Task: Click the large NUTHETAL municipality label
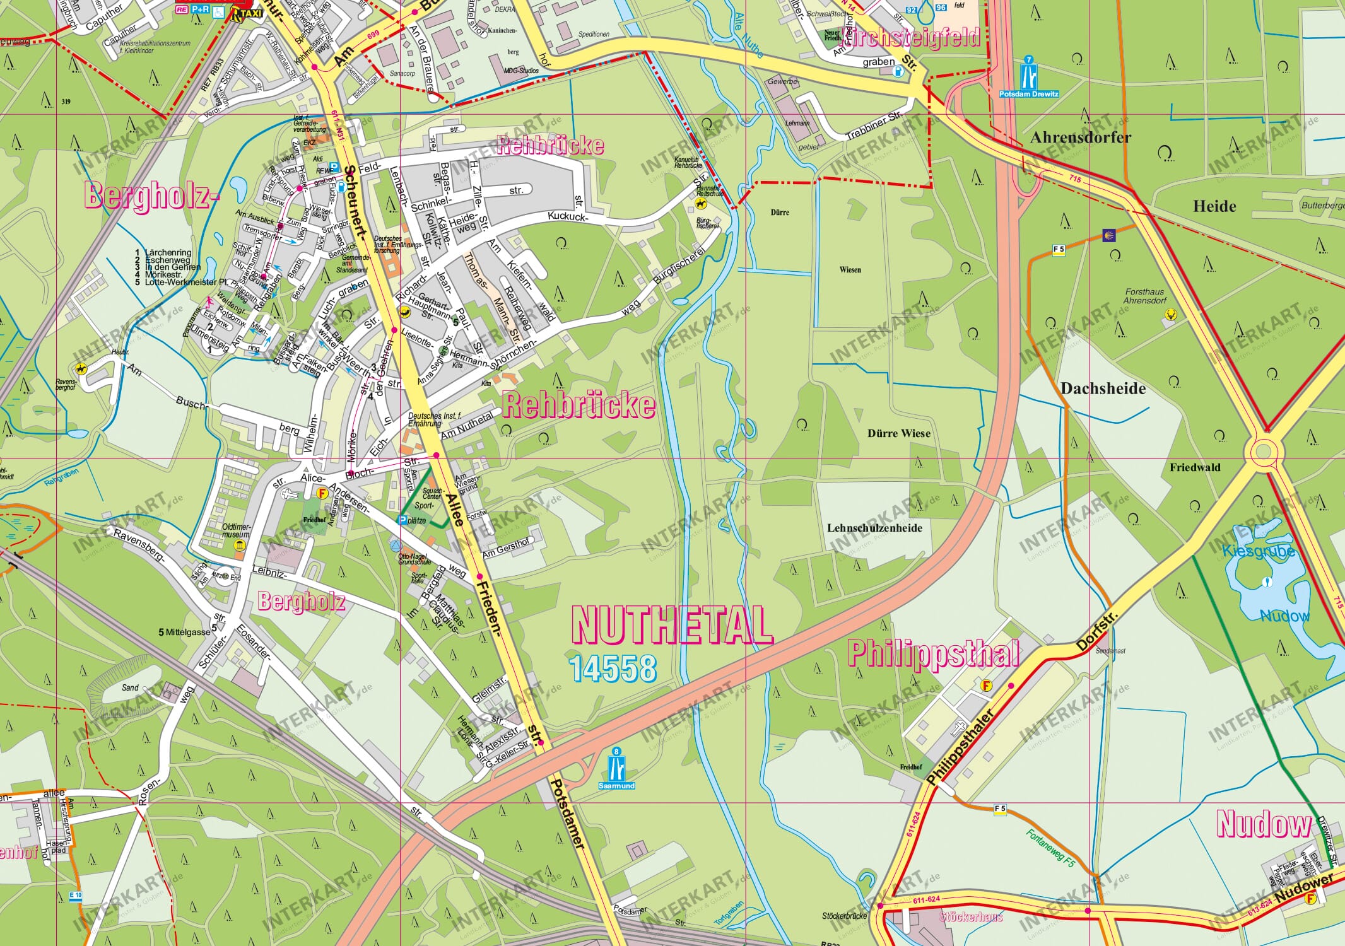coord(672,624)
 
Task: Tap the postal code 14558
coord(613,669)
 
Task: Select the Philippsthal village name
coord(932,654)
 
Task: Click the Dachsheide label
coord(1103,388)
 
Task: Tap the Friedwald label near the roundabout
coord(1194,467)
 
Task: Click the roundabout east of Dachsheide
coord(1263,451)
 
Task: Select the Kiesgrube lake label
coord(1258,551)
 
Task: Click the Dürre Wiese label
coord(898,433)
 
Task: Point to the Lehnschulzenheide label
coord(874,528)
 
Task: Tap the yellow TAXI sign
coord(247,13)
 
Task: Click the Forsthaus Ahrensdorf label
coord(1144,296)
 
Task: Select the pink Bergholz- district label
coord(152,196)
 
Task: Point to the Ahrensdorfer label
coord(1080,137)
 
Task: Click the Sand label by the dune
coord(130,687)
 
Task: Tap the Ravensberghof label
coord(66,384)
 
